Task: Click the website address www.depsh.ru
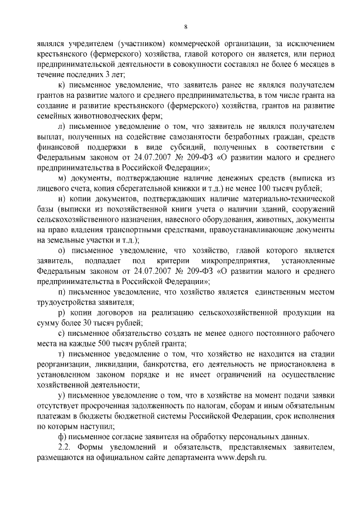tap(244, 458)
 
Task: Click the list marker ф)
tap(62, 436)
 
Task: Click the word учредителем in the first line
tap(91, 43)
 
